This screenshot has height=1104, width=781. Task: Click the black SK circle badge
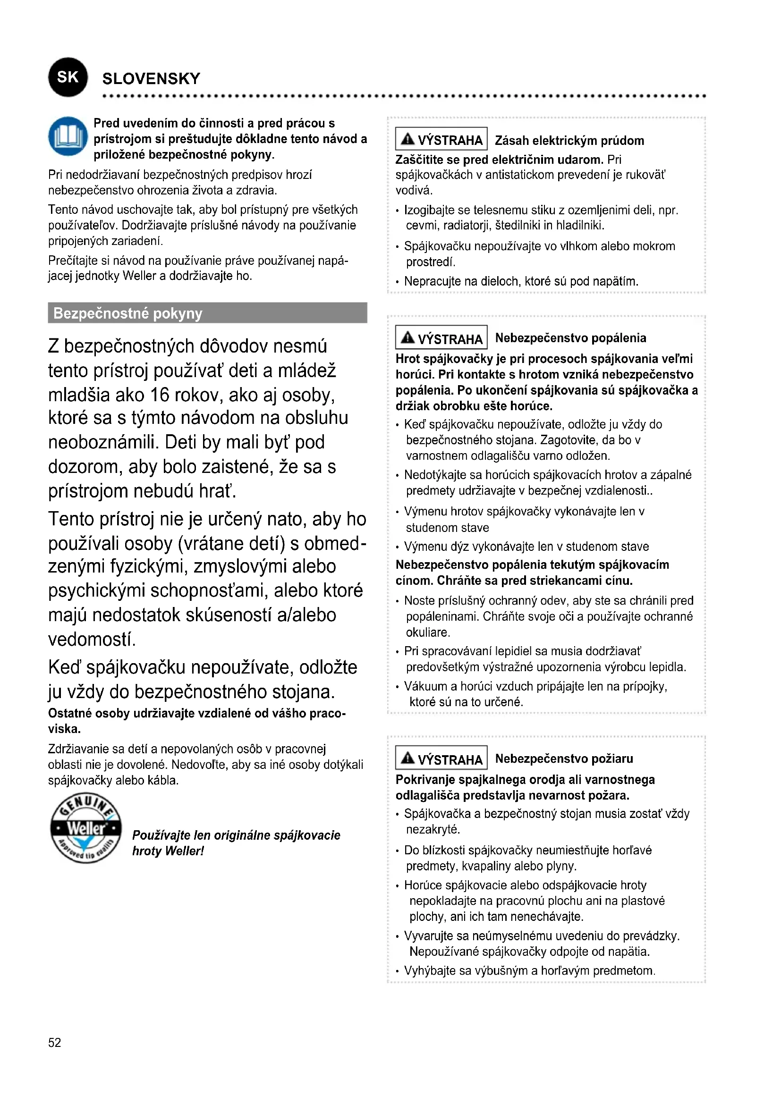tap(68, 77)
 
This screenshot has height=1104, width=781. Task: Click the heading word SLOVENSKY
tap(151, 79)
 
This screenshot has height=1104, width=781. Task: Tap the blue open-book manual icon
tap(68, 136)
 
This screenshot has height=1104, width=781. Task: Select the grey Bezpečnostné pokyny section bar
tap(207, 313)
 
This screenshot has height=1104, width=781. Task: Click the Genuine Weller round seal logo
tap(85, 828)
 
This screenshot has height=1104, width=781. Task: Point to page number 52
tap(55, 1043)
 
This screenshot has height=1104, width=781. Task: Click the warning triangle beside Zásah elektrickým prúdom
tap(407, 139)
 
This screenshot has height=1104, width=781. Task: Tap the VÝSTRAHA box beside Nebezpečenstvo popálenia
tap(441, 338)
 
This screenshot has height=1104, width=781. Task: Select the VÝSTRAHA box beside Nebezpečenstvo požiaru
tap(441, 759)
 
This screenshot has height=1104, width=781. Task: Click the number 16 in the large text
tap(160, 395)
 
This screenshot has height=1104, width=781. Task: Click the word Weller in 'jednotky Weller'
tap(139, 276)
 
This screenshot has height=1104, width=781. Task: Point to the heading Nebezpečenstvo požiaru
tap(564, 759)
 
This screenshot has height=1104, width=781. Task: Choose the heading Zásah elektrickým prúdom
tap(569, 140)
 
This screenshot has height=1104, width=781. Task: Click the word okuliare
tap(427, 632)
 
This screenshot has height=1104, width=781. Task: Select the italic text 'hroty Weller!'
tap(168, 851)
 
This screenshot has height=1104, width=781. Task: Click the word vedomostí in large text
tap(92, 639)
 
